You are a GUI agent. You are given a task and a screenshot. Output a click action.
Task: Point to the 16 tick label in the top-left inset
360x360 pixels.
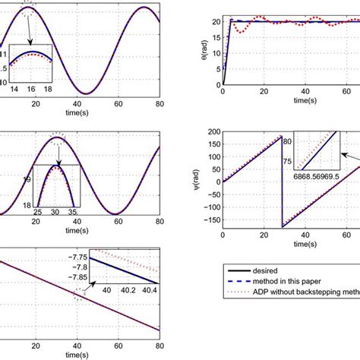click(31, 89)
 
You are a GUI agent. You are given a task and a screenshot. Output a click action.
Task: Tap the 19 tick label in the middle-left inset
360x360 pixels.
click(26, 180)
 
